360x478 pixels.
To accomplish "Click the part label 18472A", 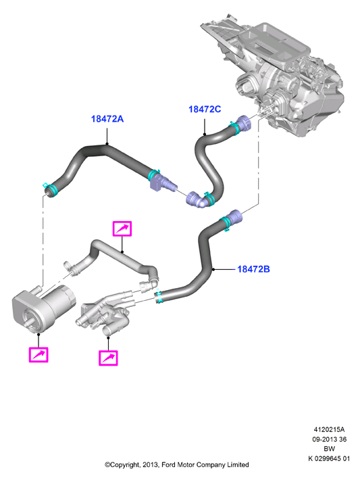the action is (x=107, y=118).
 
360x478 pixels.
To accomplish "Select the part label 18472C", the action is (x=205, y=109).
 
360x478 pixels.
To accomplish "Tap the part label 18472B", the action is (x=253, y=269).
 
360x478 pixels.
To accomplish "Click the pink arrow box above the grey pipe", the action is (x=122, y=229).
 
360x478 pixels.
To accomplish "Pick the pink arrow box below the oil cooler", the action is (x=38, y=354).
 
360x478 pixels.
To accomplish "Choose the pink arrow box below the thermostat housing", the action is (x=108, y=358).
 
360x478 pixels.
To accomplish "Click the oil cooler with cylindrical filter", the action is (x=42, y=308).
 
